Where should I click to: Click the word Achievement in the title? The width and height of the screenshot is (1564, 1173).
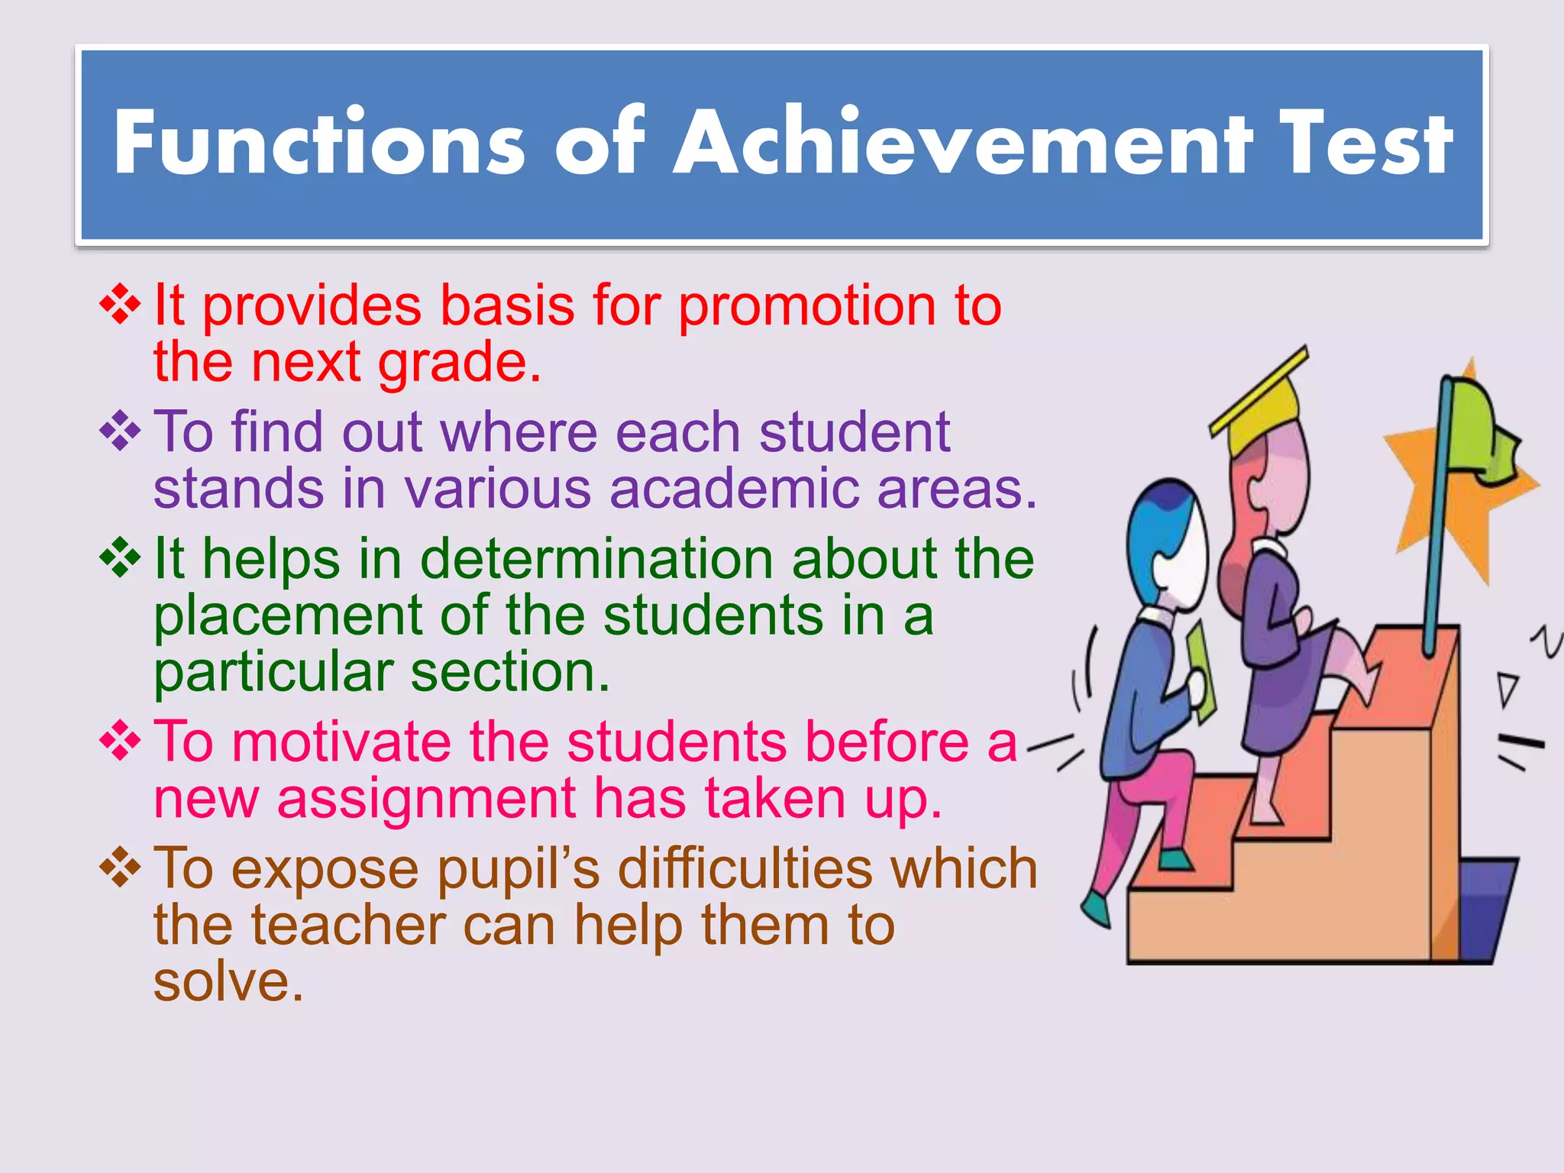(963, 143)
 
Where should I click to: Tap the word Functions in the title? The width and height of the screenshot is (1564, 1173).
(319, 143)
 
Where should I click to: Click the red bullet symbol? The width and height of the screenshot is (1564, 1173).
(120, 305)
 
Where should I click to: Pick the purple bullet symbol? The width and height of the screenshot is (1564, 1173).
(120, 431)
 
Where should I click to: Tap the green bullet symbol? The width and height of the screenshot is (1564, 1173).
(120, 558)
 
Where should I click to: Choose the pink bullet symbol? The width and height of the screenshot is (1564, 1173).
(120, 742)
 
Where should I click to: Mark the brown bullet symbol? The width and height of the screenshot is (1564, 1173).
(120, 868)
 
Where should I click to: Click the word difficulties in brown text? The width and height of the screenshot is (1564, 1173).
(745, 869)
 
